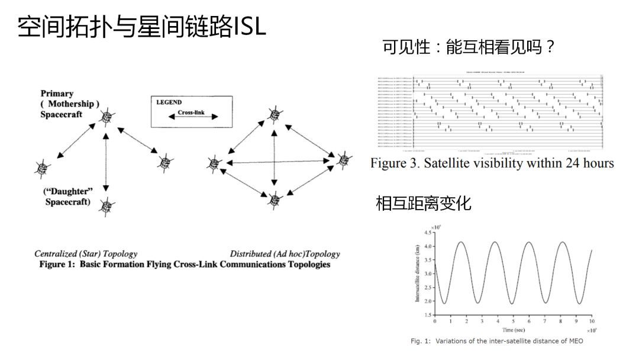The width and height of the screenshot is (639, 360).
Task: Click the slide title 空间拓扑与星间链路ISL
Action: pyautogui.click(x=142, y=27)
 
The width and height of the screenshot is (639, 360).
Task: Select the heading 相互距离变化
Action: pyautogui.click(x=424, y=203)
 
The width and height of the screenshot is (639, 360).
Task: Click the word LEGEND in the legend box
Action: pyautogui.click(x=169, y=102)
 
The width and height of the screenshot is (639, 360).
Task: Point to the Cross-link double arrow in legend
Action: pyautogui.click(x=193, y=117)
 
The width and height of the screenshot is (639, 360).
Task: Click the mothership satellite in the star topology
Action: pyautogui.click(x=106, y=117)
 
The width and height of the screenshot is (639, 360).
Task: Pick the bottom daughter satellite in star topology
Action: pyautogui.click(x=106, y=206)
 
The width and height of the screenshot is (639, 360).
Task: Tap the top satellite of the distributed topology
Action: pyautogui.click(x=274, y=115)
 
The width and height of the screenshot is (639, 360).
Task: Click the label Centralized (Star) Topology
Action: pyautogui.click(x=86, y=254)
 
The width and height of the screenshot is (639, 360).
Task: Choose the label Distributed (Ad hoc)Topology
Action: pyautogui.click(x=285, y=254)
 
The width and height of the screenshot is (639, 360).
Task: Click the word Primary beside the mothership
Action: pyautogui.click(x=57, y=94)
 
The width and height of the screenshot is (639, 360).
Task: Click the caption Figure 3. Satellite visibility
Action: pyautogui.click(x=492, y=163)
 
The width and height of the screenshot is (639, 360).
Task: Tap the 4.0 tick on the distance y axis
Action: pyautogui.click(x=427, y=246)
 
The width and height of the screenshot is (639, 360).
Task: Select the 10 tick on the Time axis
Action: pyautogui.click(x=592, y=321)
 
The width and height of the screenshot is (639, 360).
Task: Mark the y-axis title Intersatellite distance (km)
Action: pyautogui.click(x=417, y=274)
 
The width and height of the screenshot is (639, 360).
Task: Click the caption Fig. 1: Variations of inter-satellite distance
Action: pyautogui.click(x=497, y=341)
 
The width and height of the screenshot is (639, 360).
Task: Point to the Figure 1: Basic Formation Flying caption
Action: pyautogui.click(x=185, y=264)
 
